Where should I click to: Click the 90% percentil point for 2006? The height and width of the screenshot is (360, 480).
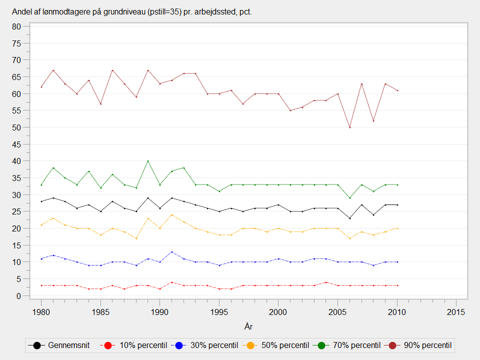[x=350, y=127]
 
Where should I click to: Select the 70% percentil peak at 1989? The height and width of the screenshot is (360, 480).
[x=148, y=161]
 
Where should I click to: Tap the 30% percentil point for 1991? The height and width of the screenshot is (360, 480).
[x=172, y=252]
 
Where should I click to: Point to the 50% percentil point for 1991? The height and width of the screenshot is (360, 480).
[x=172, y=215]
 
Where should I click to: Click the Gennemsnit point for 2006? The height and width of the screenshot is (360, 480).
[x=350, y=218]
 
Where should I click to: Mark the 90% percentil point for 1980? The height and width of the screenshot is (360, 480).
[x=41, y=86]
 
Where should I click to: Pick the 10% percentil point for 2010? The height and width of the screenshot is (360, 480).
[x=397, y=285]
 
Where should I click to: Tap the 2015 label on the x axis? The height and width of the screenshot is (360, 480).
[x=456, y=312]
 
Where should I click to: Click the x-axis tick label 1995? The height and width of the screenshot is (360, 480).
[x=219, y=312]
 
